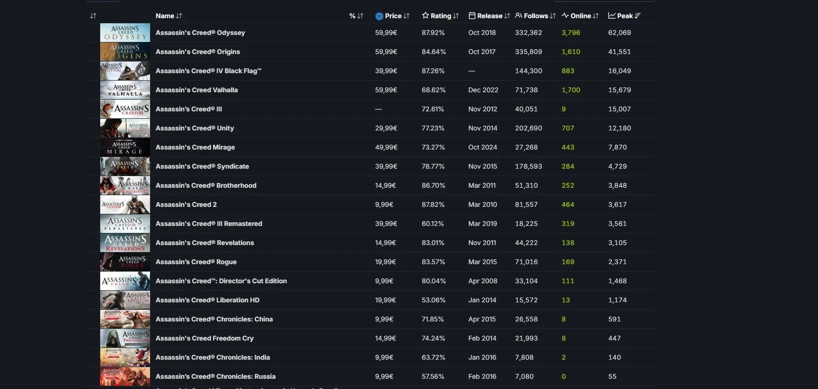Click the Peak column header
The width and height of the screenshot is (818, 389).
click(625, 16)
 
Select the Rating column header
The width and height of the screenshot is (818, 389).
click(440, 16)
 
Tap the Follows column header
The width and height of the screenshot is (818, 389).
click(536, 16)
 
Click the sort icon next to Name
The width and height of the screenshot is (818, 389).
click(179, 16)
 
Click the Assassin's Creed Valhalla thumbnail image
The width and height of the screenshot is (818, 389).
click(125, 90)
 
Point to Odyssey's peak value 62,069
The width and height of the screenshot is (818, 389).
click(619, 33)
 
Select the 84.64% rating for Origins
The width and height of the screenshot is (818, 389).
click(433, 52)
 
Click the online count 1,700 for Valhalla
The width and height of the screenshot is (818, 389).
click(571, 90)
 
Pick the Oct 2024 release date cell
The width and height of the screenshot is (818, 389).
click(482, 147)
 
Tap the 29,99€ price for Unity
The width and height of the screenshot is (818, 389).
click(386, 128)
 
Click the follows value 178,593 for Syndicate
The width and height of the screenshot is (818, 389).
click(529, 166)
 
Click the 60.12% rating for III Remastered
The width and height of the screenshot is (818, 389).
click(433, 224)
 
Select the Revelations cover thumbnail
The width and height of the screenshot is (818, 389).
click(125, 243)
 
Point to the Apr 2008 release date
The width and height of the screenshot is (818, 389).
click(482, 281)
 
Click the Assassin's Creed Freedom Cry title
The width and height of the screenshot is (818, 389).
click(204, 338)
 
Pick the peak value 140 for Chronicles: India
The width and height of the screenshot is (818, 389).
click(614, 357)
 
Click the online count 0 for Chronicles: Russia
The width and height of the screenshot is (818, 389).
click(564, 376)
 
